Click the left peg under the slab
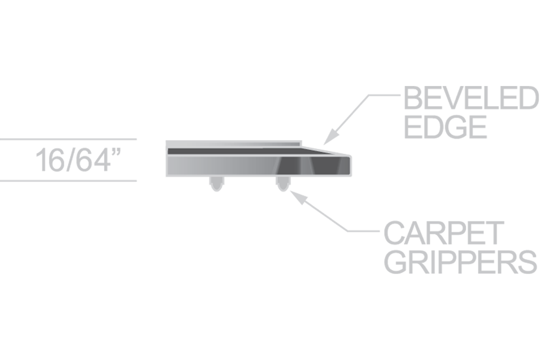pyautogui.click(x=216, y=183)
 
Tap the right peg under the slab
pyautogui.click(x=283, y=183)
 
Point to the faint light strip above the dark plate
pyautogui.click(x=240, y=144)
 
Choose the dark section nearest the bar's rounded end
pyautogui.click(x=330, y=166)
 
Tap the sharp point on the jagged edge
pyautogui.click(x=372, y=134)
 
